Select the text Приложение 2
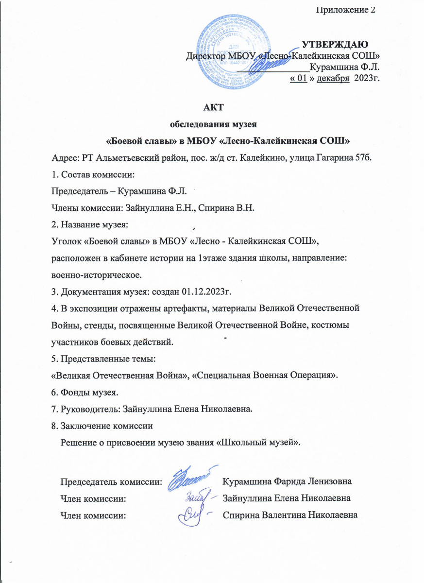[x=345, y=10]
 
